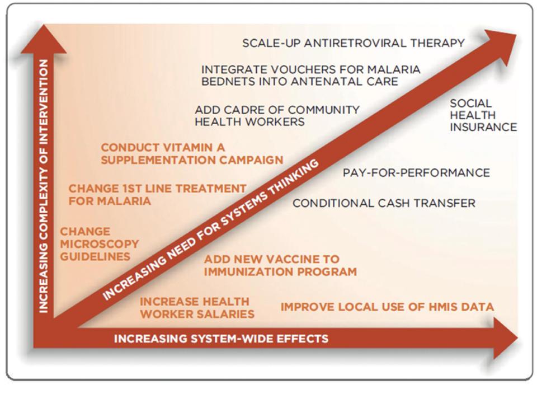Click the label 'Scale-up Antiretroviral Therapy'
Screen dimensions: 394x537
tap(353, 43)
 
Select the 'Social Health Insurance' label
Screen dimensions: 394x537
tap(483, 115)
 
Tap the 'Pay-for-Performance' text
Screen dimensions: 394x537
tap(416, 173)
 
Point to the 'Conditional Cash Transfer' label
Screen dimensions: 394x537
tap(384, 203)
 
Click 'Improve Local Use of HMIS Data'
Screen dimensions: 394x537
tap(387, 307)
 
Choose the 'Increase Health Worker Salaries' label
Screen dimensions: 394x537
tap(197, 308)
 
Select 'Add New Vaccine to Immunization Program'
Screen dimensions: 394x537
tap(280, 266)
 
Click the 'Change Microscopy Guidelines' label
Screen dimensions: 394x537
tap(99, 244)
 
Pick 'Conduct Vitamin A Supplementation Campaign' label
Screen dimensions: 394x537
tap(192, 153)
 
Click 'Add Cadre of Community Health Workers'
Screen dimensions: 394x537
tap(277, 116)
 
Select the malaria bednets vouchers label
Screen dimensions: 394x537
tap(310, 76)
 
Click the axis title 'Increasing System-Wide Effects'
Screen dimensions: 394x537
tap(221, 339)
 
